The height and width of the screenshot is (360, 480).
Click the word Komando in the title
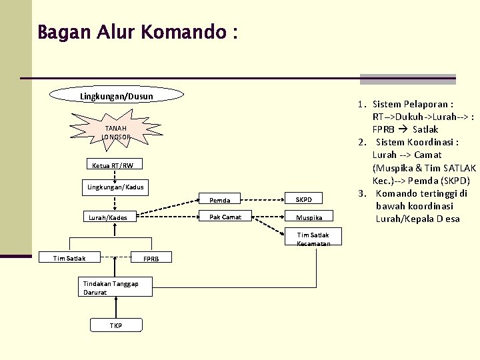pyautogui.click(x=183, y=32)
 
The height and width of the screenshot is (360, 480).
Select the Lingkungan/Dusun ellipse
pyautogui.click(x=116, y=95)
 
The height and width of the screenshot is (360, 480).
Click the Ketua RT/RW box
pyautogui.click(x=115, y=164)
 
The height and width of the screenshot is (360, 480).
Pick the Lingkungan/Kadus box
pyautogui.click(x=115, y=187)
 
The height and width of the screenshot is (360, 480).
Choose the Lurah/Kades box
pyautogui.click(x=109, y=217)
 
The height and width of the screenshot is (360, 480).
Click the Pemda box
pyautogui.click(x=219, y=199)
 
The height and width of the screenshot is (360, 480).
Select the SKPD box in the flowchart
pyautogui.click(x=303, y=198)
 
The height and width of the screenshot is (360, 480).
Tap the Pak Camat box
pyautogui.click(x=225, y=216)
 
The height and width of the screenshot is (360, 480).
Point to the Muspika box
pyautogui.click(x=309, y=216)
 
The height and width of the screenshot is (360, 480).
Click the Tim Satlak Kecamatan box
pyautogui.click(x=313, y=236)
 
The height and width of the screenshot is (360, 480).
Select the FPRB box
pyautogui.click(x=151, y=257)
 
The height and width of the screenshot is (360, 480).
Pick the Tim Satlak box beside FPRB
pyautogui.click(x=69, y=257)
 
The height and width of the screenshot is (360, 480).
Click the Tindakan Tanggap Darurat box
pyautogui.click(x=115, y=287)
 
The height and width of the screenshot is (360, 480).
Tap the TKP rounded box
pyautogui.click(x=116, y=325)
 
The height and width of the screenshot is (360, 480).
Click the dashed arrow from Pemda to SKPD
pyautogui.click(x=263, y=200)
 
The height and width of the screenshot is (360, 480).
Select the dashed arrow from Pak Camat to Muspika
pyautogui.click(x=268, y=217)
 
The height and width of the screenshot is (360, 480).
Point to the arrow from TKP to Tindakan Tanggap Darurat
pyautogui.click(x=116, y=307)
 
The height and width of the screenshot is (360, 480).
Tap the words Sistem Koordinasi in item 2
pyautogui.click(x=415, y=143)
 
